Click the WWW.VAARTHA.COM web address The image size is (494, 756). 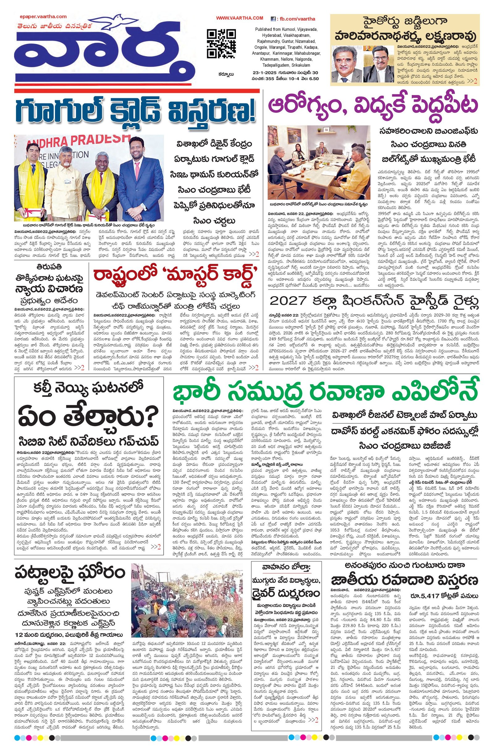[240, 19]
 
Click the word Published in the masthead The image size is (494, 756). [264, 29]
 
